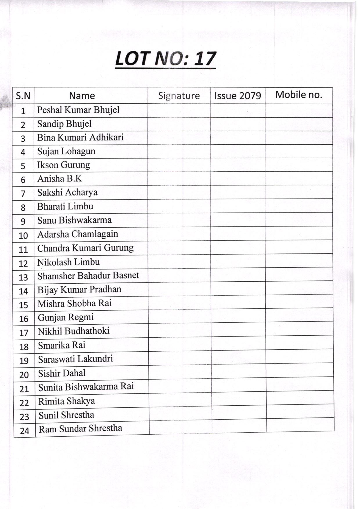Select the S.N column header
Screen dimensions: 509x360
(x=23, y=96)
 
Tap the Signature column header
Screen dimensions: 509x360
(x=179, y=96)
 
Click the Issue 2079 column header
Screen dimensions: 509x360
(x=237, y=96)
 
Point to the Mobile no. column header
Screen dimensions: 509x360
(x=299, y=95)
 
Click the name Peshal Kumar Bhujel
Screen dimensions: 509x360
(x=78, y=110)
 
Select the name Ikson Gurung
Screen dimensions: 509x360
(x=64, y=165)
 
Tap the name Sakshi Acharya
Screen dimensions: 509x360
(x=67, y=192)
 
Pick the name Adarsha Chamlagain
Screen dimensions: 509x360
(x=78, y=234)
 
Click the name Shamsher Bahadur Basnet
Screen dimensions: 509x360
(x=88, y=276)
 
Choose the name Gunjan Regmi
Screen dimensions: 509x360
(x=66, y=317)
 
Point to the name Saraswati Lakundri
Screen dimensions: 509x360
(x=75, y=359)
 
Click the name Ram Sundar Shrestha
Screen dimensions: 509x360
(x=80, y=429)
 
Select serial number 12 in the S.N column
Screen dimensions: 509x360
(x=23, y=263)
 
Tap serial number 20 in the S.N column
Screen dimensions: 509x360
(x=24, y=375)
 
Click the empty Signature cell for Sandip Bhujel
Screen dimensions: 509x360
(x=179, y=124)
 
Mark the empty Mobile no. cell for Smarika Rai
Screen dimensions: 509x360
(x=299, y=343)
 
